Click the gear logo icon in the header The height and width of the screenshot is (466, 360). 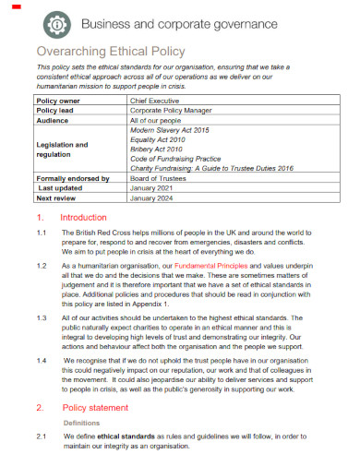pos(56,22)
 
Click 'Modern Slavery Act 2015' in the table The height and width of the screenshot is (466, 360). pos(171,131)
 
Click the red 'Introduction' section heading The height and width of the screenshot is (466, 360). pos(84,218)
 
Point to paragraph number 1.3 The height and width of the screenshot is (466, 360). pos(42,317)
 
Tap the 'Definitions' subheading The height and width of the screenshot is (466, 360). pos(81,423)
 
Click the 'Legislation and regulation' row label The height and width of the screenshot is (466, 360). pos(62,149)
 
